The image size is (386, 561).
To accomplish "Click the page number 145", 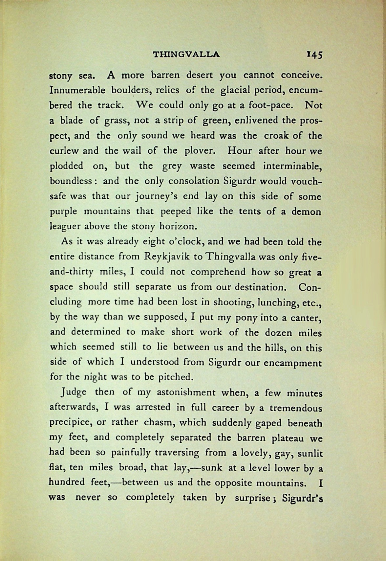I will [314, 55].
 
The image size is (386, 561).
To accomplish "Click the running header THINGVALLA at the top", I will [186, 55].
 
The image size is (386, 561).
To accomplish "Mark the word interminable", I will [292, 166].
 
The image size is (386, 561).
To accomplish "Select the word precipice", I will [70, 422].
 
